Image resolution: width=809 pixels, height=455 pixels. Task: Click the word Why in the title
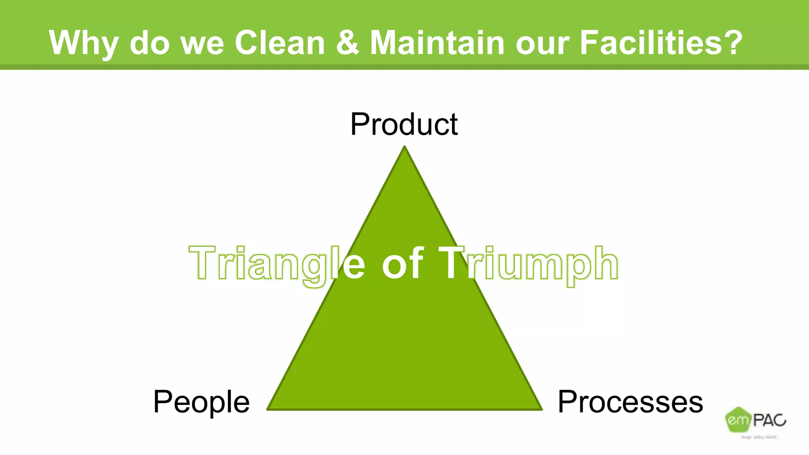(83, 43)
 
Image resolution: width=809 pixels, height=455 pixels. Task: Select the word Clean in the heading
(280, 42)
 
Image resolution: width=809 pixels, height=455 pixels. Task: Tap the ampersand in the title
(348, 42)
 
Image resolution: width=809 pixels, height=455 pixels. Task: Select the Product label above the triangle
(404, 124)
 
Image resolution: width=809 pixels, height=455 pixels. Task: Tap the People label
(201, 402)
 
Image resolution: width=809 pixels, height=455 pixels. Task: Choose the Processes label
(630, 402)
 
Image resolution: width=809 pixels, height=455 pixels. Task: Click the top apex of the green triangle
(404, 148)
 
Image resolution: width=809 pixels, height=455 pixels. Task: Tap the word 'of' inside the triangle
(403, 263)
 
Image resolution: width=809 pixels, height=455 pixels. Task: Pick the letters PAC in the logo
(769, 420)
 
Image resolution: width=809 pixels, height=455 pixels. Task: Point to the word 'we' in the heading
(202, 43)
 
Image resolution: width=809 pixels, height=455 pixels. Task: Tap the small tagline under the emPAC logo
(758, 437)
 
